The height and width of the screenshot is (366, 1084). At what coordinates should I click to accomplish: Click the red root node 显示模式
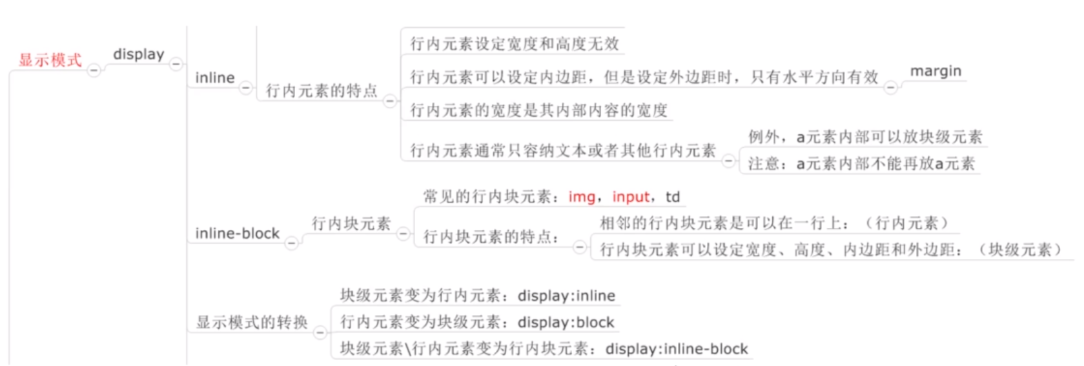[50, 60]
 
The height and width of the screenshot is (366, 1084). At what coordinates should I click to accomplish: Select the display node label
[138, 55]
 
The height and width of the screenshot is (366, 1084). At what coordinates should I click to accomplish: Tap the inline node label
[214, 78]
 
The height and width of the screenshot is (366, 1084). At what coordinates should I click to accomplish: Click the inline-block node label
[237, 234]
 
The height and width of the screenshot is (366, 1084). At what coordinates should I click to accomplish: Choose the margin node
[936, 71]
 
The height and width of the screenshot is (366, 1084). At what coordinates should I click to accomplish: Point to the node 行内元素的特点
[322, 91]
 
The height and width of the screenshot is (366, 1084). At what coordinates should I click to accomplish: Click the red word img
[581, 197]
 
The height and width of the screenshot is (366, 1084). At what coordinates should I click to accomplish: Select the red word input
[631, 197]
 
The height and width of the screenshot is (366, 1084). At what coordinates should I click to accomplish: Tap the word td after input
[673, 197]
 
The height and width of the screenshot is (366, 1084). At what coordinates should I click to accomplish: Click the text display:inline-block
[677, 349]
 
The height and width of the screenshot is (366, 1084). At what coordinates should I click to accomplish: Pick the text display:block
[566, 322]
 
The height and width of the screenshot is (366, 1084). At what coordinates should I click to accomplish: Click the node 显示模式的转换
[252, 322]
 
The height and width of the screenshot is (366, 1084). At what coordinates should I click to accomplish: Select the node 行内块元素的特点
[491, 237]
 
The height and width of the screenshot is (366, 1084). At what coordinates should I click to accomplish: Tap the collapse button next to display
[176, 64]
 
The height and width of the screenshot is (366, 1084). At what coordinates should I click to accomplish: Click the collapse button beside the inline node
[245, 87]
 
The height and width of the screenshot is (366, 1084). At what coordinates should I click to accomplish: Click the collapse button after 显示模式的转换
[320, 332]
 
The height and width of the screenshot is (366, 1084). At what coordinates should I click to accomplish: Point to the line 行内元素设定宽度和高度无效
[515, 44]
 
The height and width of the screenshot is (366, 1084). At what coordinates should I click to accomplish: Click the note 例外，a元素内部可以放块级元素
[865, 137]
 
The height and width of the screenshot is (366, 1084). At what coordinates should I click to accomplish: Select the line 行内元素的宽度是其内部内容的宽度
[538, 110]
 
